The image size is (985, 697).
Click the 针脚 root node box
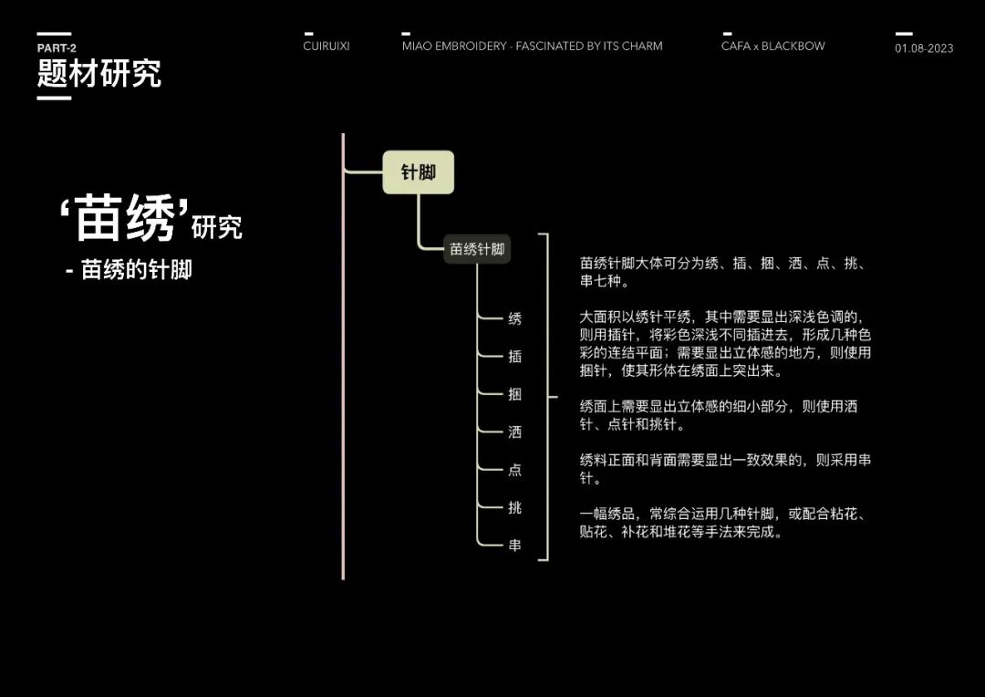(x=418, y=172)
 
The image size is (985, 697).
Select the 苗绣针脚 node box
(x=477, y=249)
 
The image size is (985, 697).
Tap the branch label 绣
(x=515, y=318)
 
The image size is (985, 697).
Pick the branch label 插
(x=515, y=357)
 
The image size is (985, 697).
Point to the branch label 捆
(x=515, y=394)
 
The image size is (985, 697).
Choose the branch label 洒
(x=515, y=432)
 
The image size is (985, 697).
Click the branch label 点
(x=515, y=470)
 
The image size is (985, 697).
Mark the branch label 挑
(x=515, y=507)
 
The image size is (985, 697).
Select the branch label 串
(x=515, y=545)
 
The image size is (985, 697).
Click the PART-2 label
(x=57, y=48)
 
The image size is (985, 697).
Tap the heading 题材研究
(x=98, y=74)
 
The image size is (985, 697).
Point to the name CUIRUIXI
(x=327, y=46)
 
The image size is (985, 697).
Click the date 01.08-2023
(x=924, y=48)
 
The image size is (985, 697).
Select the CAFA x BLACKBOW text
(x=772, y=46)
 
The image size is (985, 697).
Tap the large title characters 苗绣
(x=125, y=220)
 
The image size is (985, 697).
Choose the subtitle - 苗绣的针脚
(x=129, y=271)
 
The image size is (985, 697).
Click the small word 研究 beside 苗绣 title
(x=217, y=227)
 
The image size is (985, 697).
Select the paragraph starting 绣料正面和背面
(x=724, y=469)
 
